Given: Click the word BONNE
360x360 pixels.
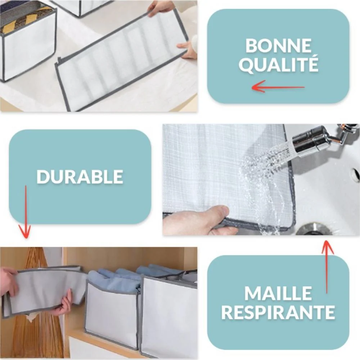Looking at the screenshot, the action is click(x=278, y=45).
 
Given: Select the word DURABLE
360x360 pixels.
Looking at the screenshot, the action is click(x=80, y=176).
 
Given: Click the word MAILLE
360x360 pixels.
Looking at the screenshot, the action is click(x=278, y=293).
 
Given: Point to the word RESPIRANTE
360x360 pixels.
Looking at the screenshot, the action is click(x=278, y=312).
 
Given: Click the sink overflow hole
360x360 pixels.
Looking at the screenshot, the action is click(x=356, y=175).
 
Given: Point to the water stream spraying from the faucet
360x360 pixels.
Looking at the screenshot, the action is click(x=264, y=175).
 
